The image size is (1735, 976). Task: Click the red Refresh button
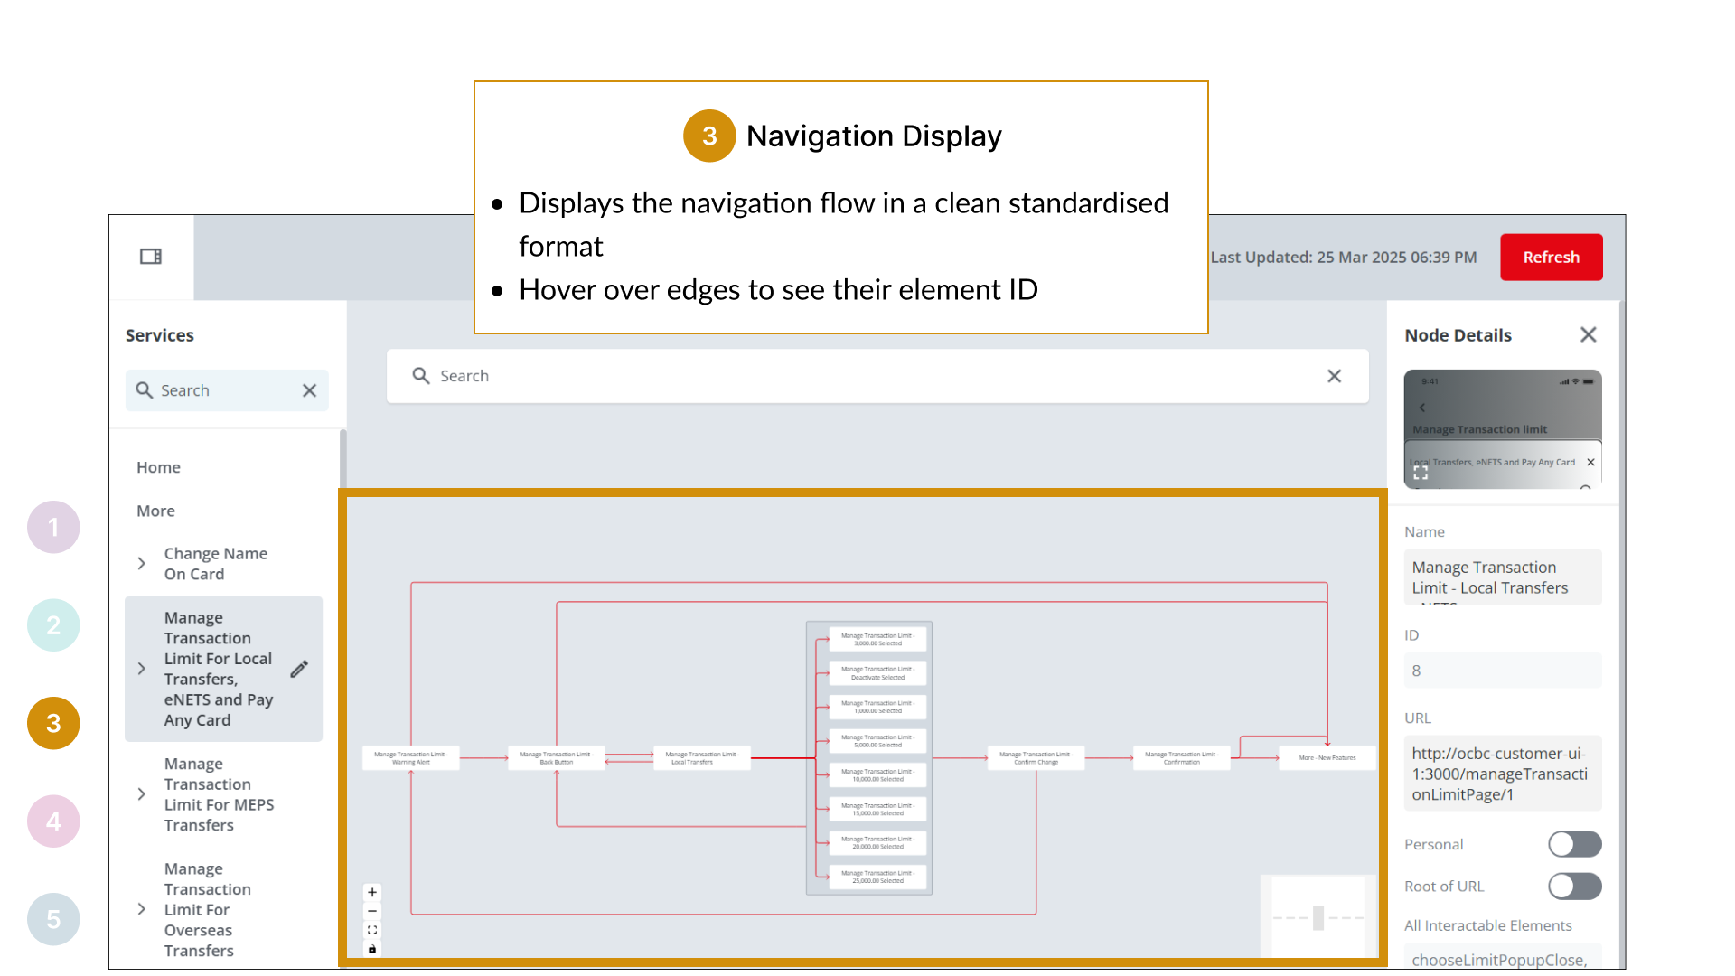1551,258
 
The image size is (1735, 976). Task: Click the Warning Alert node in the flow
410,758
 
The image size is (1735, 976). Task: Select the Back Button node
556,758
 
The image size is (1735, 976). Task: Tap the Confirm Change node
1036,758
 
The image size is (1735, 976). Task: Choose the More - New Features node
1327,758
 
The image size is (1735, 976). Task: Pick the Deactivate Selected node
877,673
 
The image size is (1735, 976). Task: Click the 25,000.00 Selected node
877,877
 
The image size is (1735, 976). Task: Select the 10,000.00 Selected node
877,775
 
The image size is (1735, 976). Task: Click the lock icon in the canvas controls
372,949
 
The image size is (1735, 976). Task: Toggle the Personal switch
1574,844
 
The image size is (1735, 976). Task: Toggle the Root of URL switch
1574,887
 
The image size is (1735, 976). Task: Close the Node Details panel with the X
1588,335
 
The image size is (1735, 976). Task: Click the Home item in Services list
158,467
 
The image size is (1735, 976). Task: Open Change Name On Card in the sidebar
215,564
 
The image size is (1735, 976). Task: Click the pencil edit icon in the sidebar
299,670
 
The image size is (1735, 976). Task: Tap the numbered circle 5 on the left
53,919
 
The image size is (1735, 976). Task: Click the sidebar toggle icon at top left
151,257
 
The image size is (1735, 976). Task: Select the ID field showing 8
1502,671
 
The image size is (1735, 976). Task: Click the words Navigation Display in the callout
873,136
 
